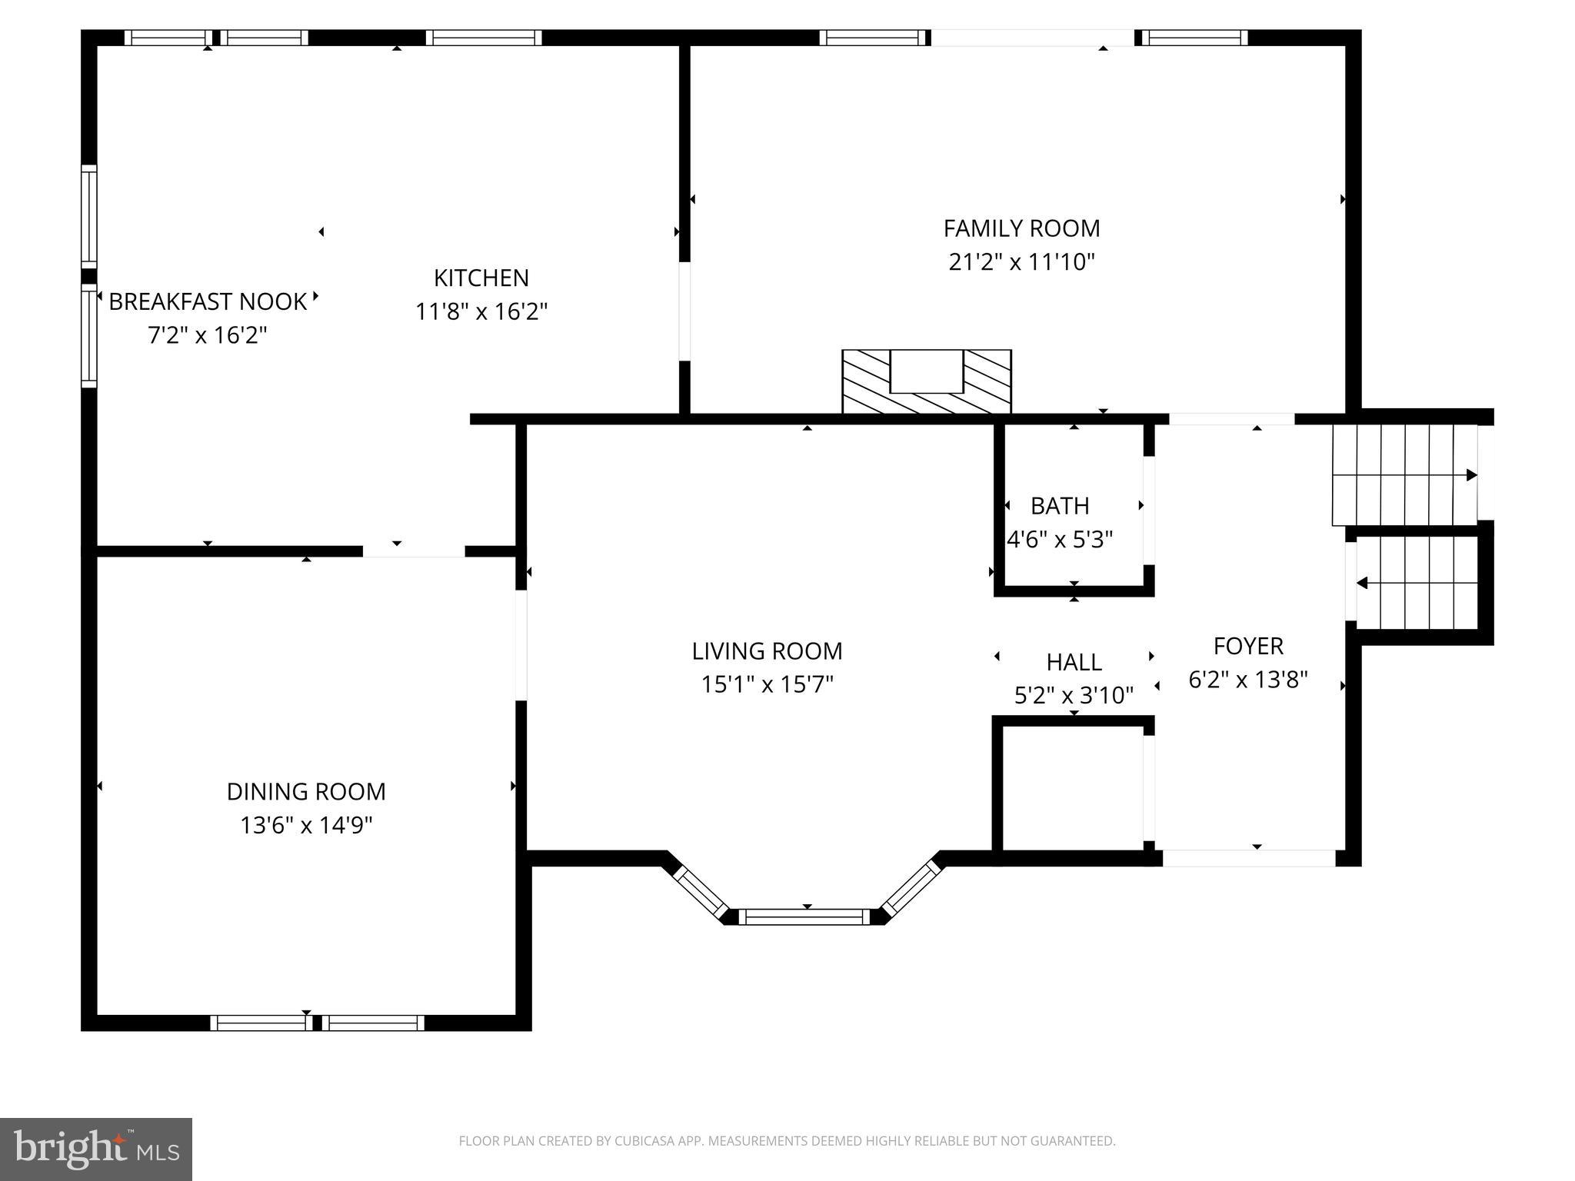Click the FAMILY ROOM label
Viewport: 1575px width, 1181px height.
pos(1021,228)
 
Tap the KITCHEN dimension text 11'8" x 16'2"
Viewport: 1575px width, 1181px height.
pos(481,311)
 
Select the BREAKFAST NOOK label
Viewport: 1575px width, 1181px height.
pos(208,301)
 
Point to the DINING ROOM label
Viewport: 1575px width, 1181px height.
pos(306,791)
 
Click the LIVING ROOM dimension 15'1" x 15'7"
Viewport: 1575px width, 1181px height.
pos(767,684)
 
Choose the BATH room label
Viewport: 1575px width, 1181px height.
pos(1060,506)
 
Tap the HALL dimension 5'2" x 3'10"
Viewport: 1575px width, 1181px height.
pos(1074,696)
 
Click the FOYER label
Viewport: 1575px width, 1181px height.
pos(1248,646)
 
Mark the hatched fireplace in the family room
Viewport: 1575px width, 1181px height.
pos(926,382)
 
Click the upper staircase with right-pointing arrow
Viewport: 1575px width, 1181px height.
pos(1404,475)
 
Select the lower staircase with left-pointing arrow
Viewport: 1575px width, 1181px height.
pos(1417,583)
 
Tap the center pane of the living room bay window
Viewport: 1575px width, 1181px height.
pos(804,916)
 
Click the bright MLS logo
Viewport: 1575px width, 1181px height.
pos(96,1149)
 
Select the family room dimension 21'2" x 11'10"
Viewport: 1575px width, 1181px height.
pos(1021,262)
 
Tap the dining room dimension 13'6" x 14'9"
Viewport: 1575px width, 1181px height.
pos(306,826)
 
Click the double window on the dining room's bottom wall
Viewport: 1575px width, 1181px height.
pos(317,1023)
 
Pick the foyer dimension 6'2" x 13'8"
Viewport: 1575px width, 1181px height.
pos(1248,680)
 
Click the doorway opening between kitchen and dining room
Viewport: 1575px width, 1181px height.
pos(414,551)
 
